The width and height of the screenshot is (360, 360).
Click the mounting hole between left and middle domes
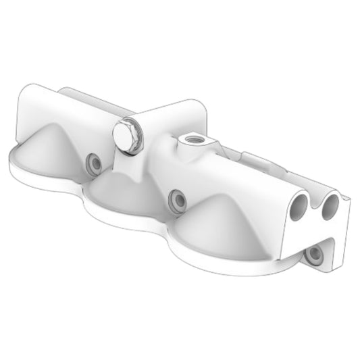pos(93,162)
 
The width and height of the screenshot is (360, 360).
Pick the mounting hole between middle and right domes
pos(178,199)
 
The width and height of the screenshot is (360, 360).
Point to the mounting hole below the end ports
pos(313,255)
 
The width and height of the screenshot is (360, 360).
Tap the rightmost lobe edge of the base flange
pos(270,270)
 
